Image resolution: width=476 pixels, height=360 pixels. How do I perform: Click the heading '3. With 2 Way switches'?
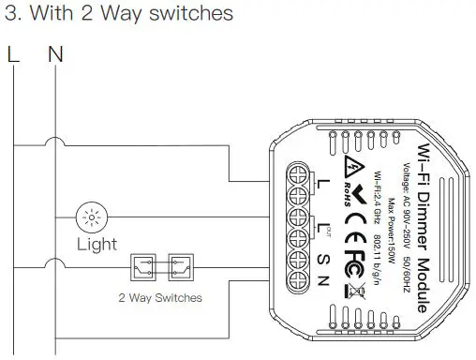(119, 16)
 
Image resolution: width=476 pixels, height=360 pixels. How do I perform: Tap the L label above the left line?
(12, 53)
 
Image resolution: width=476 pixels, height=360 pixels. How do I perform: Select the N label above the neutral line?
(55, 53)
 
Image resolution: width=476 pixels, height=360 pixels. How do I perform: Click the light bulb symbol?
(91, 218)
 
